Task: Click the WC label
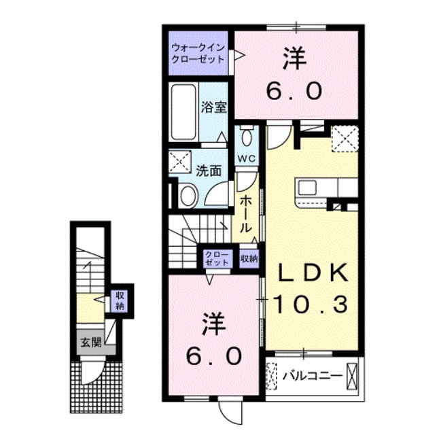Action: pos(245,158)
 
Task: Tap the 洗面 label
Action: pos(209,171)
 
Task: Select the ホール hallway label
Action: pos(246,211)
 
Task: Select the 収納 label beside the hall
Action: pos(249,258)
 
